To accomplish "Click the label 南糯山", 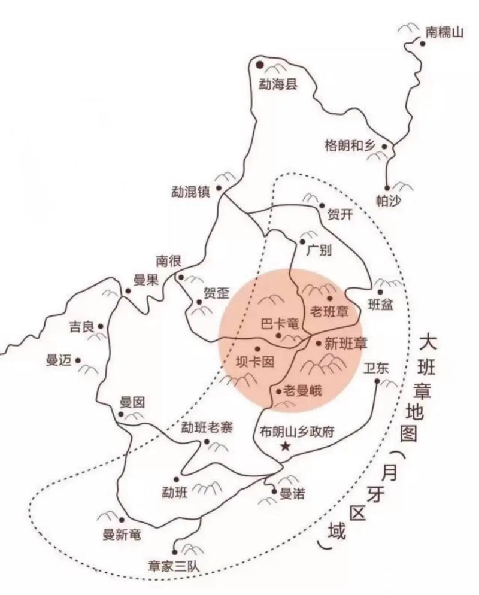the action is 444,32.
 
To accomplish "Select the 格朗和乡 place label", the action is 349,145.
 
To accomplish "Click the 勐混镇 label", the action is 192,192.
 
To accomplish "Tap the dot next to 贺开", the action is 322,205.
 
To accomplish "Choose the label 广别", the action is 319,250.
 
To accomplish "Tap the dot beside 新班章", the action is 319,343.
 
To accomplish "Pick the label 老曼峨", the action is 302,392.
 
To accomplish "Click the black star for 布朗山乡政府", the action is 286,446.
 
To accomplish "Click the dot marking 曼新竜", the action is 122,520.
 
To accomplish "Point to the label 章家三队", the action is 177,566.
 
